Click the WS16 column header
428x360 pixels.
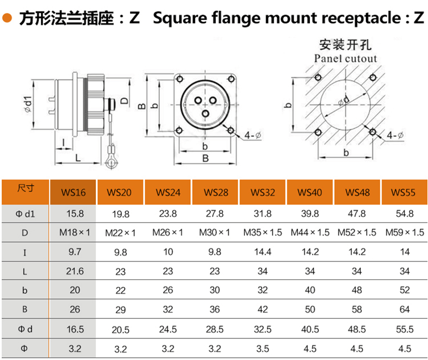73,192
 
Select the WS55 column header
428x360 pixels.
404,192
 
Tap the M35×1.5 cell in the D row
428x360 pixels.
263,232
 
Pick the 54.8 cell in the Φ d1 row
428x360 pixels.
404,213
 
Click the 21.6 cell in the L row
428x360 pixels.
73,271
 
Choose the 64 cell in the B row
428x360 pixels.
404,310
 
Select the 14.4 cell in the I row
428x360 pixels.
263,252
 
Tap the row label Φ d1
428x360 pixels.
25,213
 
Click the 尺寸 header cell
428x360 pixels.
25,189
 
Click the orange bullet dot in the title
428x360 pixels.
7,18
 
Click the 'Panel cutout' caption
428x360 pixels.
345,58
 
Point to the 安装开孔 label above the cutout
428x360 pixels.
345,43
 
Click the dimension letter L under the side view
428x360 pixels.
77,159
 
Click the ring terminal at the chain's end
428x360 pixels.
112,160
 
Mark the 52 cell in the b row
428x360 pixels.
404,290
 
